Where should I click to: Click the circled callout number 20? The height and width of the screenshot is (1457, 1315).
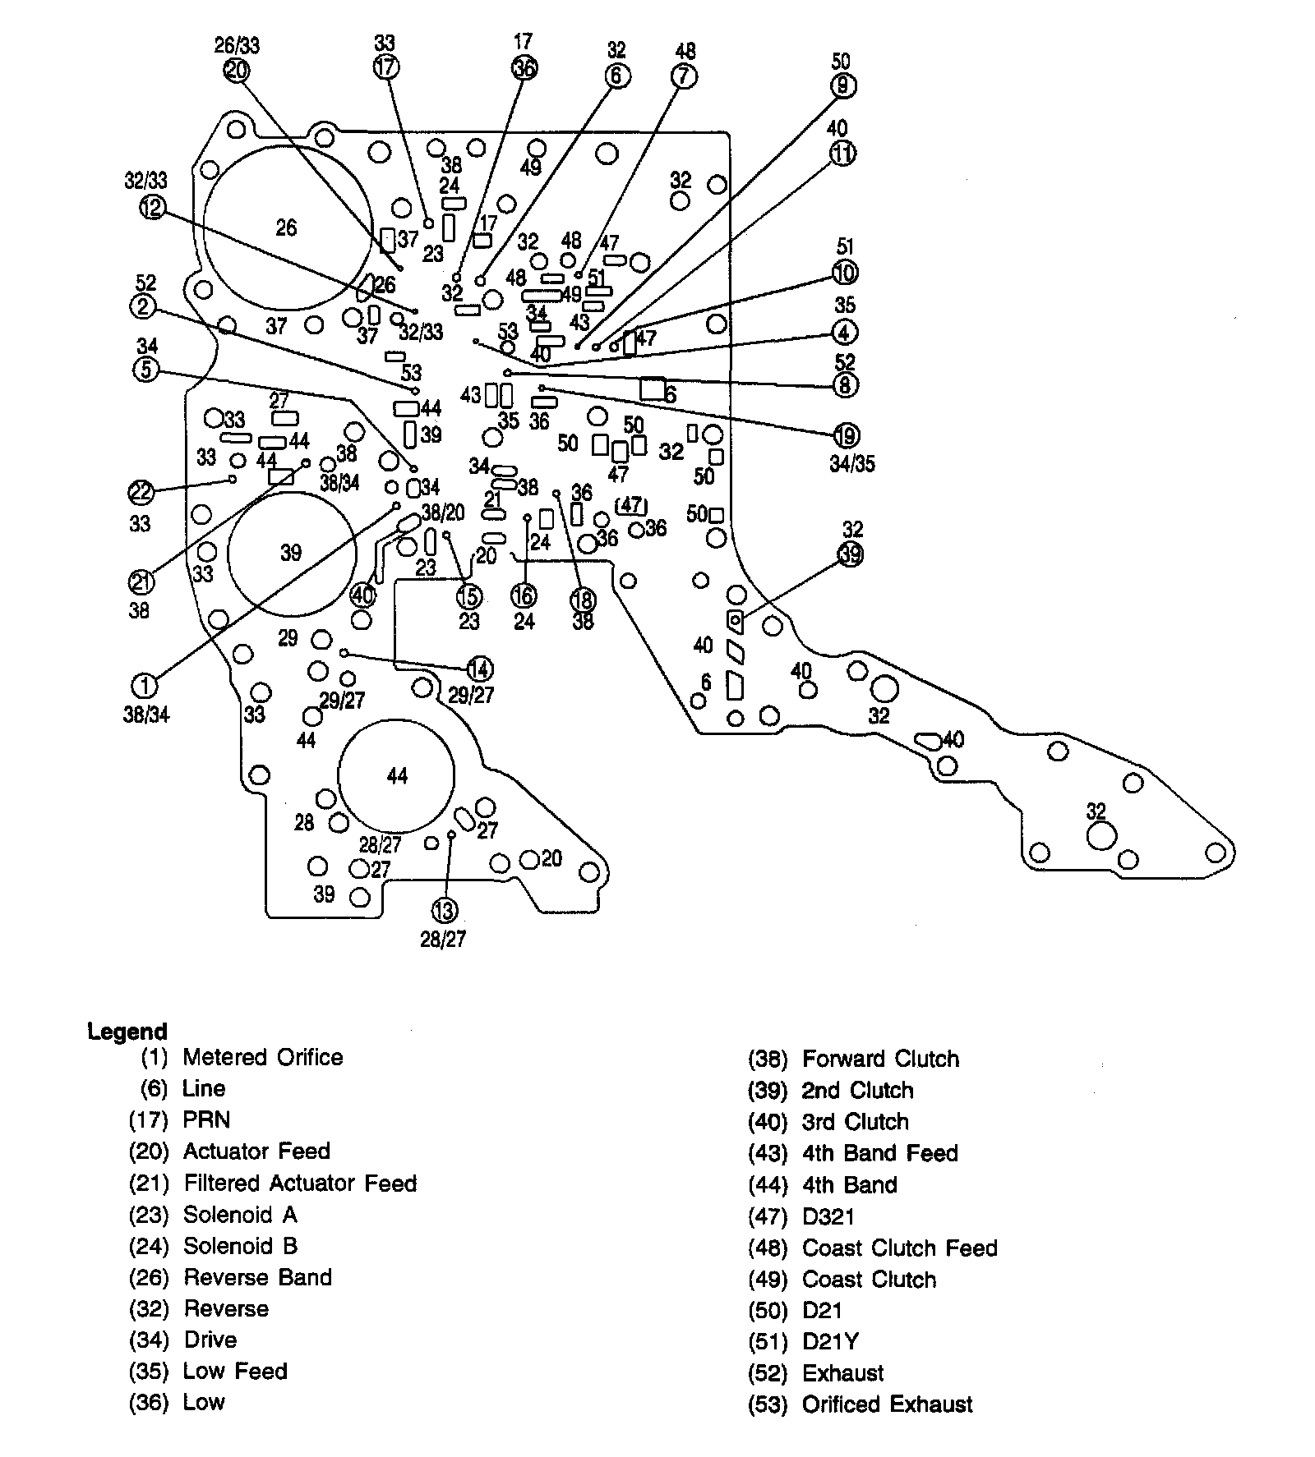point(236,71)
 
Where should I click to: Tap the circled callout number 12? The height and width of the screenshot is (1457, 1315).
point(153,207)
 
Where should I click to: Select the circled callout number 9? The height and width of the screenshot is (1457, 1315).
point(842,85)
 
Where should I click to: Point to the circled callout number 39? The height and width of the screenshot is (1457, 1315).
point(851,555)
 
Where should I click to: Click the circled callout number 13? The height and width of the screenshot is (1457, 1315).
point(444,910)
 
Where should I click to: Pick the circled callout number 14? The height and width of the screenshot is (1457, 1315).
point(480,669)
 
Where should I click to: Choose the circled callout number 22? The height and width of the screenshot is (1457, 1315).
point(141,492)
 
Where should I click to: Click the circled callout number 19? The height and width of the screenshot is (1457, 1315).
point(845,435)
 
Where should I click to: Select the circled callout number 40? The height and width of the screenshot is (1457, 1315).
point(362,594)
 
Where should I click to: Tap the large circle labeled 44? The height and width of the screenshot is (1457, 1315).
point(396,776)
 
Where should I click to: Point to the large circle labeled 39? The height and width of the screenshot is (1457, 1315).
point(291,553)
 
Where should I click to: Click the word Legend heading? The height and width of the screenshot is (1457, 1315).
point(127,1031)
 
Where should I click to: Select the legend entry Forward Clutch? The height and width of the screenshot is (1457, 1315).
point(879,1059)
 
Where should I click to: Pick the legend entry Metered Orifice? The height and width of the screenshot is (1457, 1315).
point(262,1057)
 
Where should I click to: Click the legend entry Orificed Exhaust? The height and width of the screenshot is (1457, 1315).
point(887,1404)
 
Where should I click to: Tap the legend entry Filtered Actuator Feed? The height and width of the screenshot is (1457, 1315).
point(299,1183)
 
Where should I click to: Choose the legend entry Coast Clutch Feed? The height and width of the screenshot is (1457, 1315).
point(899,1248)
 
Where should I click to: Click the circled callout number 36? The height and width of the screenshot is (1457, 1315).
point(524,68)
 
